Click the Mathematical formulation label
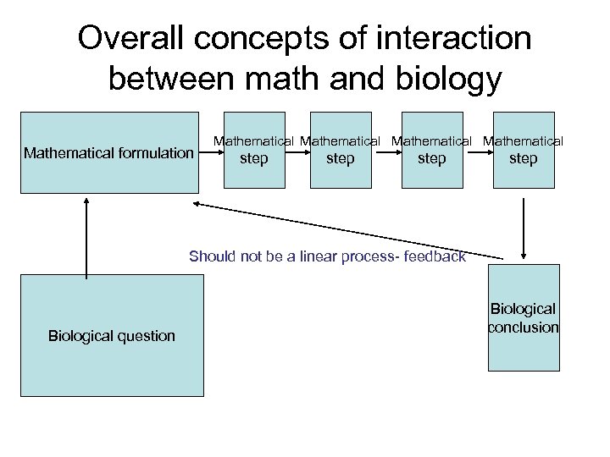click(x=108, y=153)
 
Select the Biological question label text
click(x=111, y=336)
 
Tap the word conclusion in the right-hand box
click(x=523, y=328)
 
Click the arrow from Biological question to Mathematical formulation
click(x=86, y=236)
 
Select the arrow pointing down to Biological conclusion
click(x=525, y=228)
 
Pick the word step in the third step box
click(x=431, y=158)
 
